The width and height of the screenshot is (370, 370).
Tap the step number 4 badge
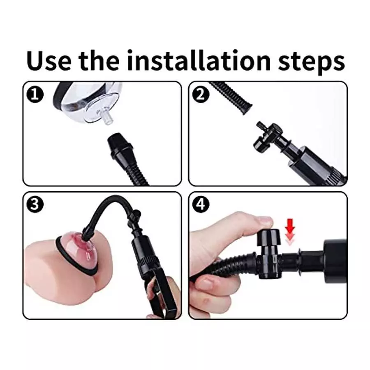(201, 204)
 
